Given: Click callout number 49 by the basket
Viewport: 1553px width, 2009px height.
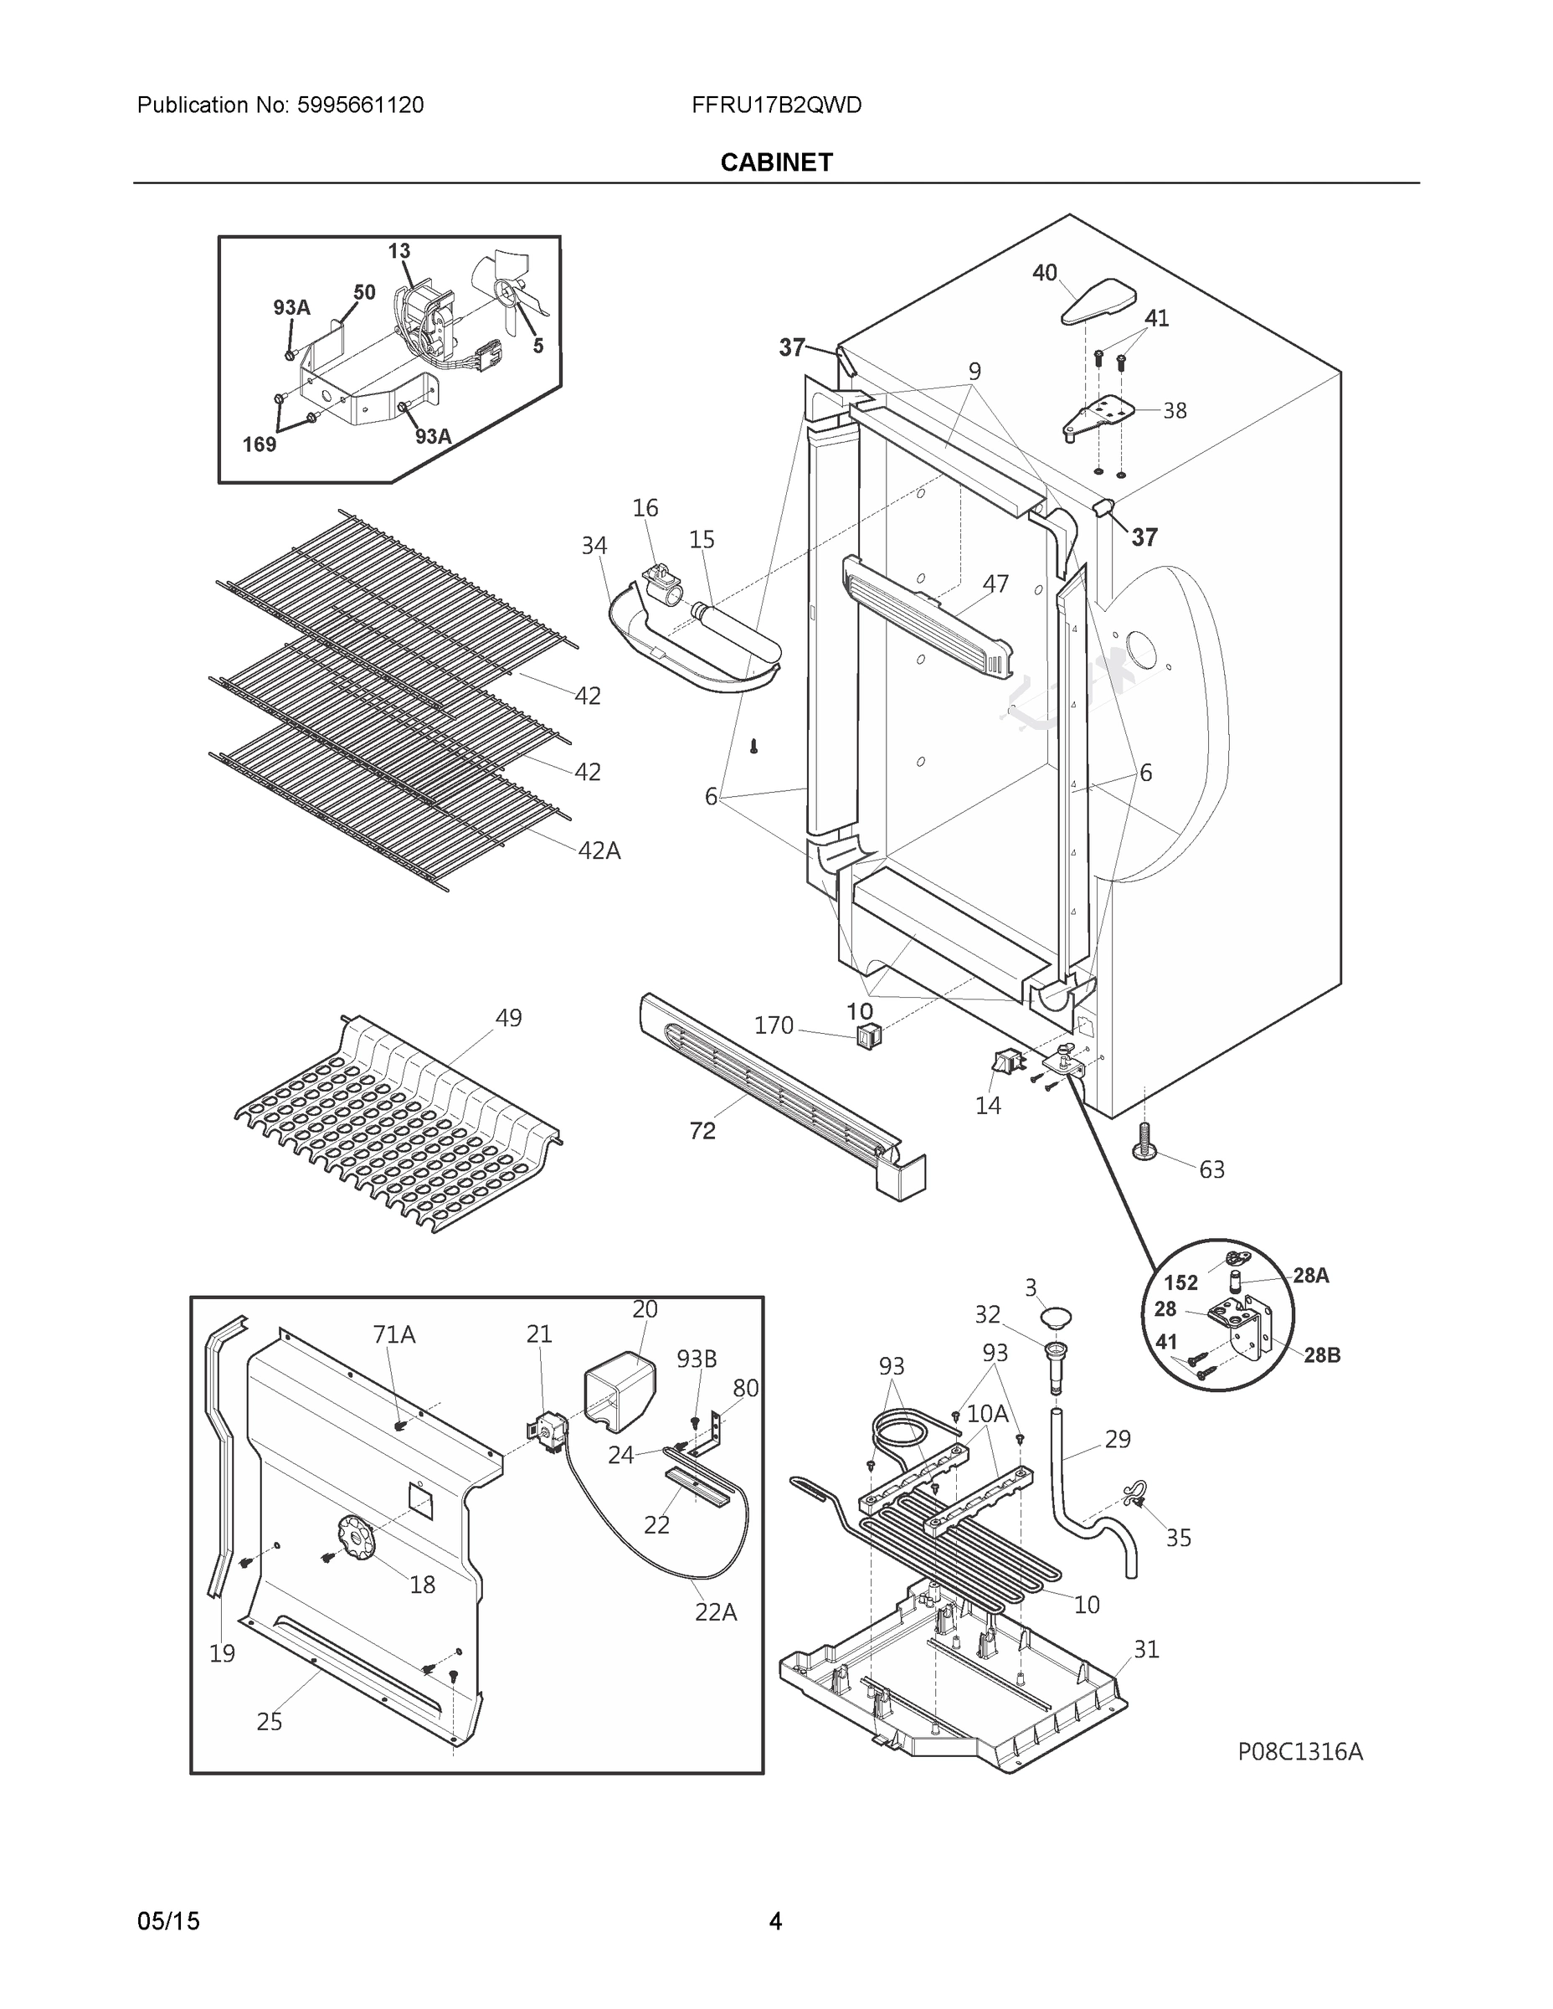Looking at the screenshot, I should click(x=508, y=1018).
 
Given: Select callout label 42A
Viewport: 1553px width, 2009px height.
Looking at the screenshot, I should click(x=599, y=850).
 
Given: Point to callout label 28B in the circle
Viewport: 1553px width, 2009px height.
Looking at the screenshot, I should click(x=1321, y=1355).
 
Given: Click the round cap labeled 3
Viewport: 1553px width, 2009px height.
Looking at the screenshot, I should click(x=1057, y=1318).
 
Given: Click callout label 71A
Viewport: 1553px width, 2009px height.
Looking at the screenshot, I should click(x=393, y=1333).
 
